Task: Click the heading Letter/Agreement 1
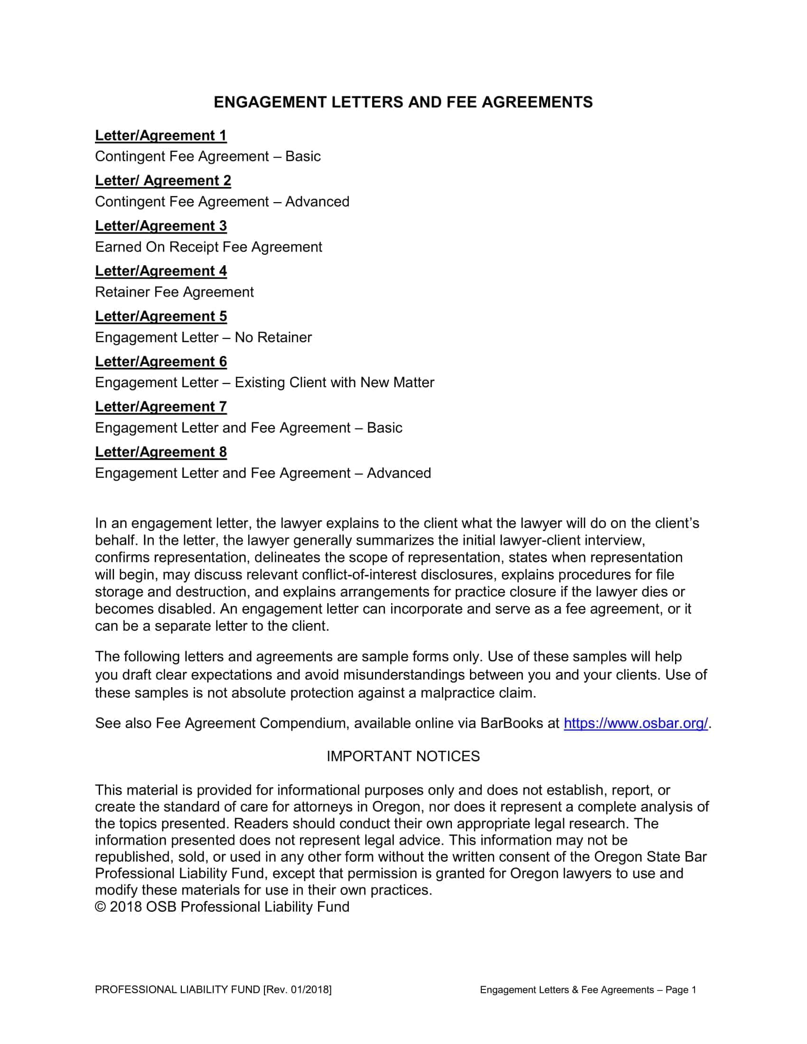point(160,135)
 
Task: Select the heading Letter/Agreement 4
point(160,270)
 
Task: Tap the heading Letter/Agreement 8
point(160,452)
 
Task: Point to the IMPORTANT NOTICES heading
point(403,756)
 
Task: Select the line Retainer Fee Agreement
point(174,291)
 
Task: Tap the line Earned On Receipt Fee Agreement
point(208,247)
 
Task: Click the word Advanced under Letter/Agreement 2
point(317,201)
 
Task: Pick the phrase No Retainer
point(273,337)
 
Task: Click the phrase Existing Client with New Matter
point(334,382)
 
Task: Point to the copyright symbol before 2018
point(100,907)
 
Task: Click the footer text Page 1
point(681,989)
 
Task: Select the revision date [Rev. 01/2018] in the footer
point(297,989)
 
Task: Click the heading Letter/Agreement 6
point(160,362)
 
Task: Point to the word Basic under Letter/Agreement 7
point(385,428)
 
